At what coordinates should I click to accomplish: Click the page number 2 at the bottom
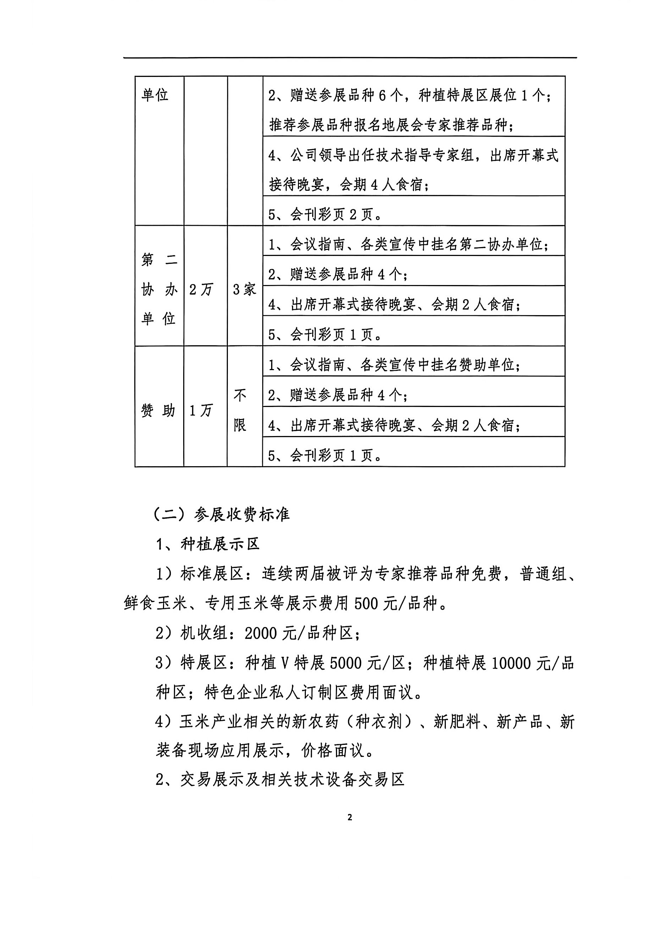click(349, 818)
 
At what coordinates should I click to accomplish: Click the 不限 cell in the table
click(240, 410)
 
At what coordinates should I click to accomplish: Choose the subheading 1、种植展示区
click(208, 545)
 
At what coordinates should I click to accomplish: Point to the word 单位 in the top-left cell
click(155, 95)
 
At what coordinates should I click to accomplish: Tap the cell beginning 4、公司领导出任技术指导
click(413, 170)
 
